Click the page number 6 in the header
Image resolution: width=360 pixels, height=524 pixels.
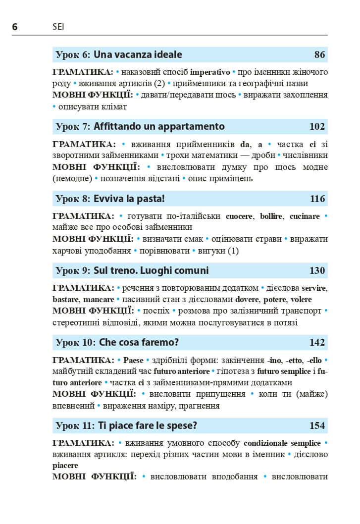15,27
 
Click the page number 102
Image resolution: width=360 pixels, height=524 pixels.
317,126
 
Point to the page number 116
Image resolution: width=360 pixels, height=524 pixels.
317,199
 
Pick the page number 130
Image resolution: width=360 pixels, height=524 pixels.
317,270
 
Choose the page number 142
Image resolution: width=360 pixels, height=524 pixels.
317,342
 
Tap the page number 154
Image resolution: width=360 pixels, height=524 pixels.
317,425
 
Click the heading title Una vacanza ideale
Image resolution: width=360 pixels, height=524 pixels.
138,54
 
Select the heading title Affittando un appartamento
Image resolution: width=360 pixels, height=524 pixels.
159,126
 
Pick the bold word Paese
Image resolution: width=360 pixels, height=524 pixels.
133,360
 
